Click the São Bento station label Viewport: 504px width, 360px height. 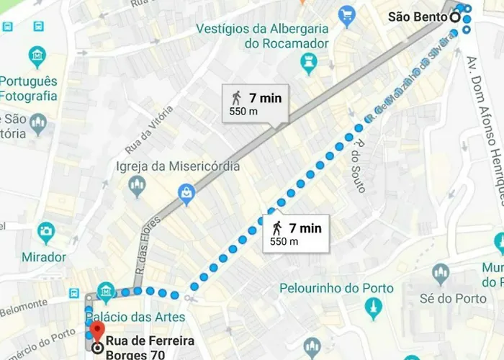pyautogui.click(x=418, y=17)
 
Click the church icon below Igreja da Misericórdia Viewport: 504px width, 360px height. pyautogui.click(x=137, y=187)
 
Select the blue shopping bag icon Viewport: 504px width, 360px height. pyautogui.click(x=186, y=192)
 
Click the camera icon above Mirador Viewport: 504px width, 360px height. pyautogui.click(x=46, y=232)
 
